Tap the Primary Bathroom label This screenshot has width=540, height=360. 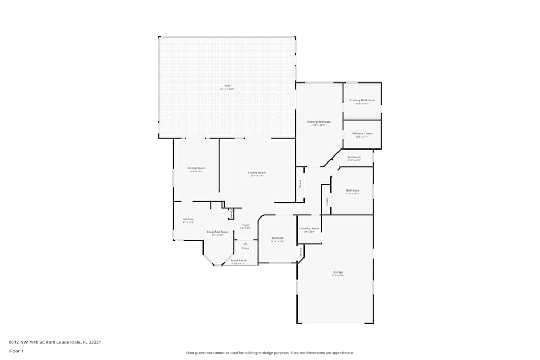coord(362,101)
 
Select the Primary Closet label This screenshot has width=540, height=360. coord(362,134)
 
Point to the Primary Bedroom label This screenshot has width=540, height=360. coord(319,123)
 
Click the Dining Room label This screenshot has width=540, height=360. coord(196,168)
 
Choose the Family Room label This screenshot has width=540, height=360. coord(257,173)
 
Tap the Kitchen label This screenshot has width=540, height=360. coord(188,219)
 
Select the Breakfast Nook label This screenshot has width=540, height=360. coord(218,232)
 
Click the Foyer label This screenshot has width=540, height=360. coord(245,225)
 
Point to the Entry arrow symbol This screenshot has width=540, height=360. coord(245,243)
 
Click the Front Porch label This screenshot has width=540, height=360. coord(238,261)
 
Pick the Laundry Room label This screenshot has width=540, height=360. coord(309,229)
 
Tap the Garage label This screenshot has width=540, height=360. coord(338,273)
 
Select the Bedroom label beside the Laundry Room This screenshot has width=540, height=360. coord(278,239)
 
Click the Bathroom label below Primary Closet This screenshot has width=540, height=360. coord(354,158)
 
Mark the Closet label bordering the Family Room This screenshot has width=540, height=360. coord(300,184)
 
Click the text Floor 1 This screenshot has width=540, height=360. coord(16,351)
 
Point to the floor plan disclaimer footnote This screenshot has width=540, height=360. coord(270,353)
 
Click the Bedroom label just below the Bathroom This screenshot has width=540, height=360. coord(352,191)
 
